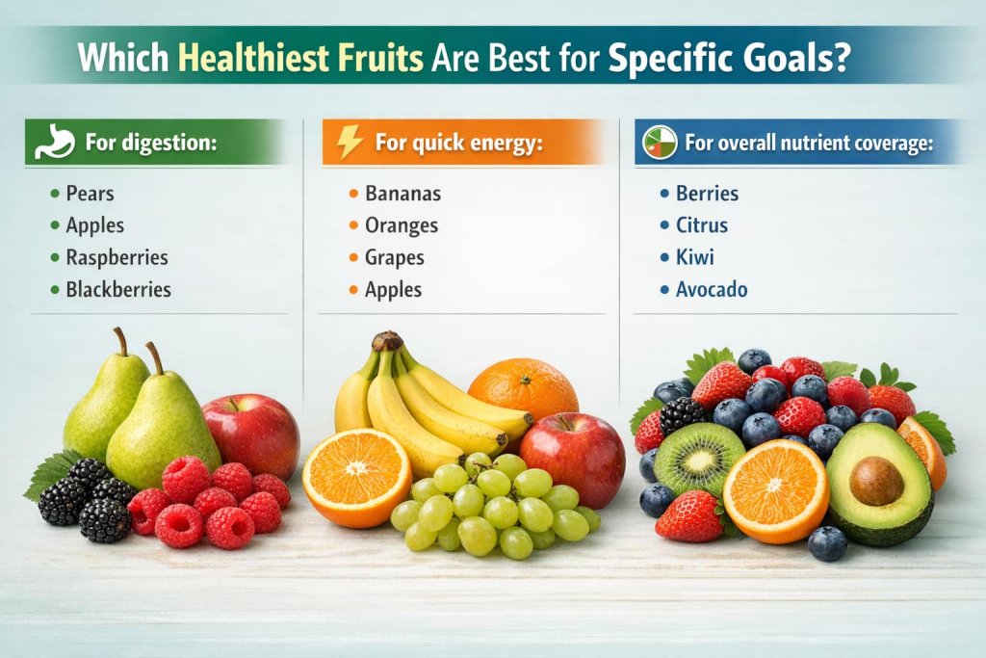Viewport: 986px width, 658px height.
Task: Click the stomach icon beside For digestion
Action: [x=54, y=143]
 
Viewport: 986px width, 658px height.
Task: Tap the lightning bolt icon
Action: [x=350, y=142]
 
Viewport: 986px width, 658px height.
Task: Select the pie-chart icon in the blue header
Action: [x=660, y=143]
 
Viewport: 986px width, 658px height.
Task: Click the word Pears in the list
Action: [x=90, y=194]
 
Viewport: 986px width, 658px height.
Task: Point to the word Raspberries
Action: [x=117, y=257]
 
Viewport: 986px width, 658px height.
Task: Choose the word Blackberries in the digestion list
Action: [x=118, y=289]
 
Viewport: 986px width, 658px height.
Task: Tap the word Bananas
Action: [x=402, y=194]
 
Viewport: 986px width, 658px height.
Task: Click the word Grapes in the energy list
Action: [x=394, y=257]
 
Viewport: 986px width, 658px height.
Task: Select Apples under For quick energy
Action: [x=393, y=289]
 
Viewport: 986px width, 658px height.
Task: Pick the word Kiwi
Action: [x=695, y=257]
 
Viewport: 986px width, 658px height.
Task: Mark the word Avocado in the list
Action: [x=712, y=289]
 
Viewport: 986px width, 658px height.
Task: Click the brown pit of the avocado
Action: [x=876, y=481]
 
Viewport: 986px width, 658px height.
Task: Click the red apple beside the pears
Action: [x=252, y=434]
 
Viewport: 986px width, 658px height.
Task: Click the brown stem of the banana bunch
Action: [x=387, y=341]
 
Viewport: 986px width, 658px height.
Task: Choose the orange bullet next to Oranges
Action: [x=353, y=226]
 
